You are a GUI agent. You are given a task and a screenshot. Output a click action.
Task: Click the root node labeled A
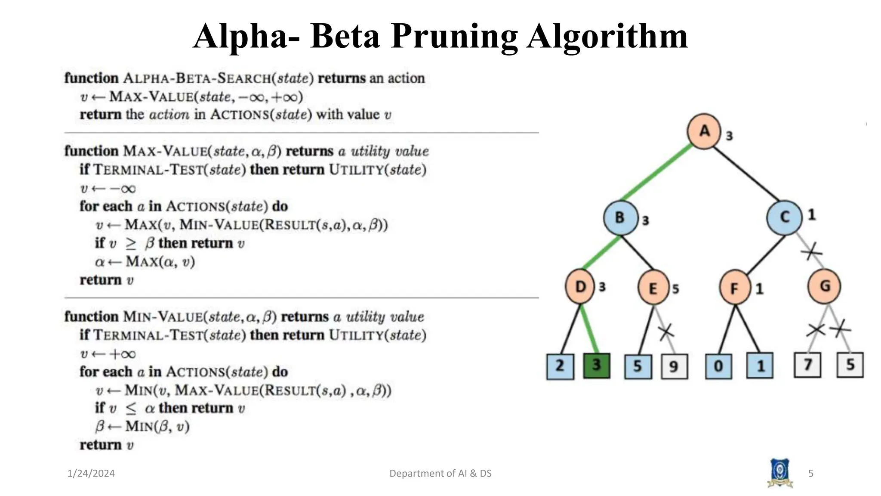click(704, 131)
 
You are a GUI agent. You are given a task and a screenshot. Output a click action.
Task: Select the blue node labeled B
click(620, 217)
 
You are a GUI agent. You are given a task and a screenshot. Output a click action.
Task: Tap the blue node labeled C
click(784, 217)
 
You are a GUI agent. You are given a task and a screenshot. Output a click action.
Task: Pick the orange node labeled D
click(581, 287)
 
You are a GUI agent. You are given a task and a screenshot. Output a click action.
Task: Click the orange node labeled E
click(653, 288)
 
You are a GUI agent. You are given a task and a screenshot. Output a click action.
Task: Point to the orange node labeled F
click(735, 288)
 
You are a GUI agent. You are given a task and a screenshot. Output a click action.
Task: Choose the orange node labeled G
click(824, 286)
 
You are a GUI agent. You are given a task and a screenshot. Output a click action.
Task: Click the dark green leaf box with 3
click(596, 366)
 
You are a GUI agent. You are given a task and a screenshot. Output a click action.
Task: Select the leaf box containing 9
click(674, 367)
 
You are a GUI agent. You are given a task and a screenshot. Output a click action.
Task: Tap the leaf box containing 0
click(718, 366)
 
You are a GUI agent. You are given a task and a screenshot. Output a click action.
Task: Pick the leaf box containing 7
click(807, 365)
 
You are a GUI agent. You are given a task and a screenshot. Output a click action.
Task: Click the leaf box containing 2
click(560, 366)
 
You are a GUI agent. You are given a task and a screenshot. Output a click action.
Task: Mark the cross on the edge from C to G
click(811, 251)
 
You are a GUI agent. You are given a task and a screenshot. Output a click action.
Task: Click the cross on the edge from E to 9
click(666, 332)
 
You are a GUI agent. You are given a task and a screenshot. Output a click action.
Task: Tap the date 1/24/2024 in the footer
click(91, 474)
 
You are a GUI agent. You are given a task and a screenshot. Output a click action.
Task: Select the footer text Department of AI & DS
click(440, 474)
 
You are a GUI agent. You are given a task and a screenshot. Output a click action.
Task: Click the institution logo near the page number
click(779, 473)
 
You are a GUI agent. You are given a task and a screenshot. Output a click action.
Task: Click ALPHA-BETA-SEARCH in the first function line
click(197, 78)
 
